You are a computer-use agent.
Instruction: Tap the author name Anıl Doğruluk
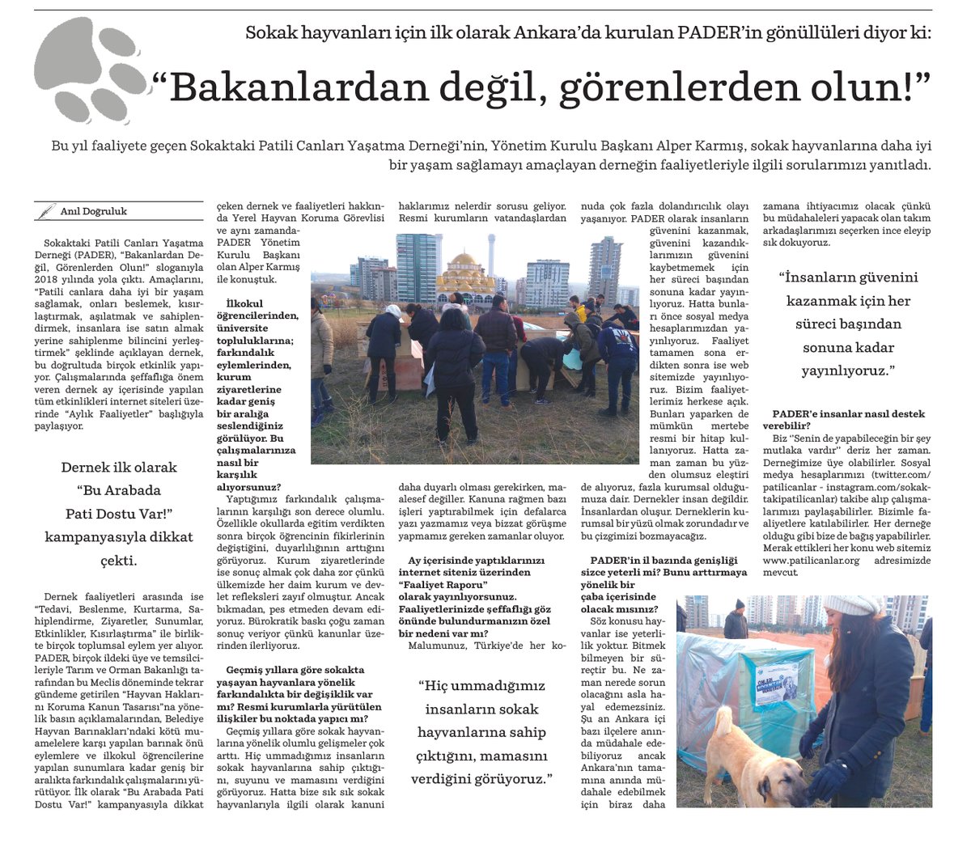pos(94,212)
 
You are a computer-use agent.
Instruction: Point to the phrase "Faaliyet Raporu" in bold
pos(448,584)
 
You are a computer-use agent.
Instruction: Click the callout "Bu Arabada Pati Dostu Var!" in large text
pos(119,502)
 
